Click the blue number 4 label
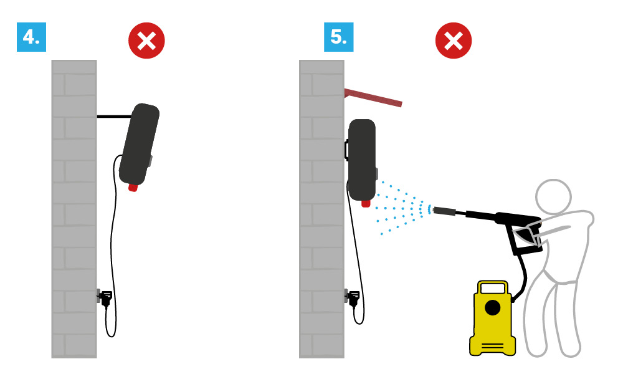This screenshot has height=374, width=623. tap(31, 37)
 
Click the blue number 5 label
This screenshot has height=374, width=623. tap(338, 37)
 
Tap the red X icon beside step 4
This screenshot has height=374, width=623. tap(146, 41)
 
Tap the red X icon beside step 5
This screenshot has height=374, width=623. tap(454, 41)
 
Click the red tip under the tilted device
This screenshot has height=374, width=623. tap(133, 187)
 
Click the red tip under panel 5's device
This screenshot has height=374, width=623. tap(366, 203)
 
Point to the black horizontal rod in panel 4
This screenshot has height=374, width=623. tap(115, 117)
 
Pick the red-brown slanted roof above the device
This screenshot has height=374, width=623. tap(373, 98)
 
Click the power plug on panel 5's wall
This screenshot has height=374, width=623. tap(353, 298)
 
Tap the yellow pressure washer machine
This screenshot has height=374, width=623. tap(492, 319)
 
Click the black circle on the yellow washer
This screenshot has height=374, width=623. tap(493, 308)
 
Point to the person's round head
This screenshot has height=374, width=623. tap(553, 197)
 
